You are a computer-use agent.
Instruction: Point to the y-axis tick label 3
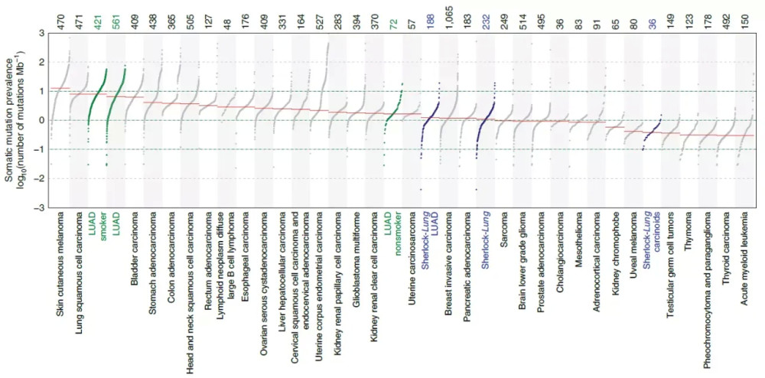(41, 33)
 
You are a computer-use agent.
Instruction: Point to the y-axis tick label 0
(41, 120)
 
